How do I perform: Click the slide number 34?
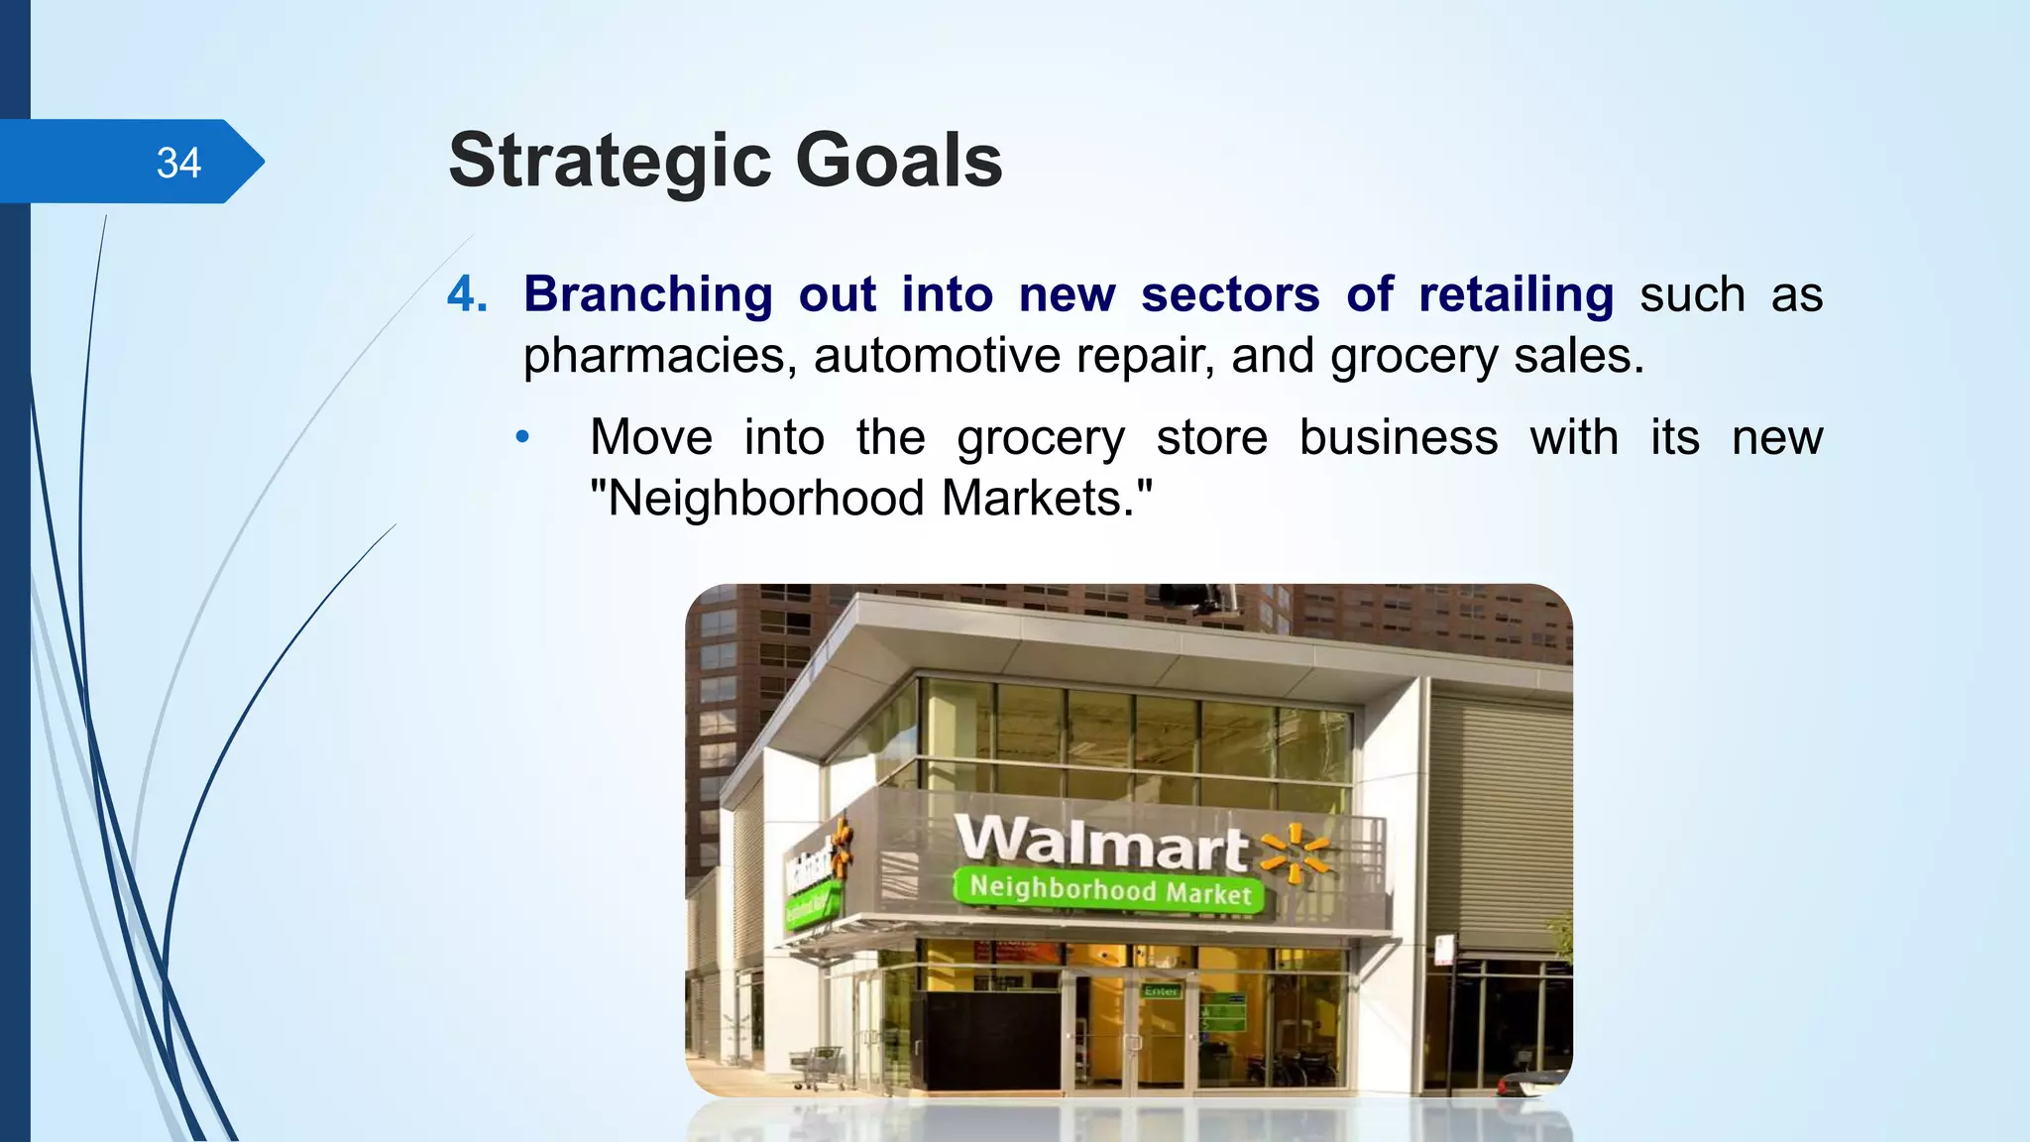(x=178, y=163)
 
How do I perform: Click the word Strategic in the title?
(x=610, y=162)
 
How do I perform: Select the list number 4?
(x=467, y=294)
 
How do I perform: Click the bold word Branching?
(x=647, y=294)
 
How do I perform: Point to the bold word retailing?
(x=1516, y=294)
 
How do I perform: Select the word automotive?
(x=937, y=356)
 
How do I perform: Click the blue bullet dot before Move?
(x=523, y=437)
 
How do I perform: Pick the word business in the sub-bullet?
(x=1398, y=437)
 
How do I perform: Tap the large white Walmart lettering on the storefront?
(x=1100, y=843)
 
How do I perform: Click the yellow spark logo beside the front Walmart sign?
(x=1294, y=854)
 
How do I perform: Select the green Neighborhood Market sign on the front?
(x=1108, y=888)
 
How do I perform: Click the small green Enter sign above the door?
(x=1161, y=991)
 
